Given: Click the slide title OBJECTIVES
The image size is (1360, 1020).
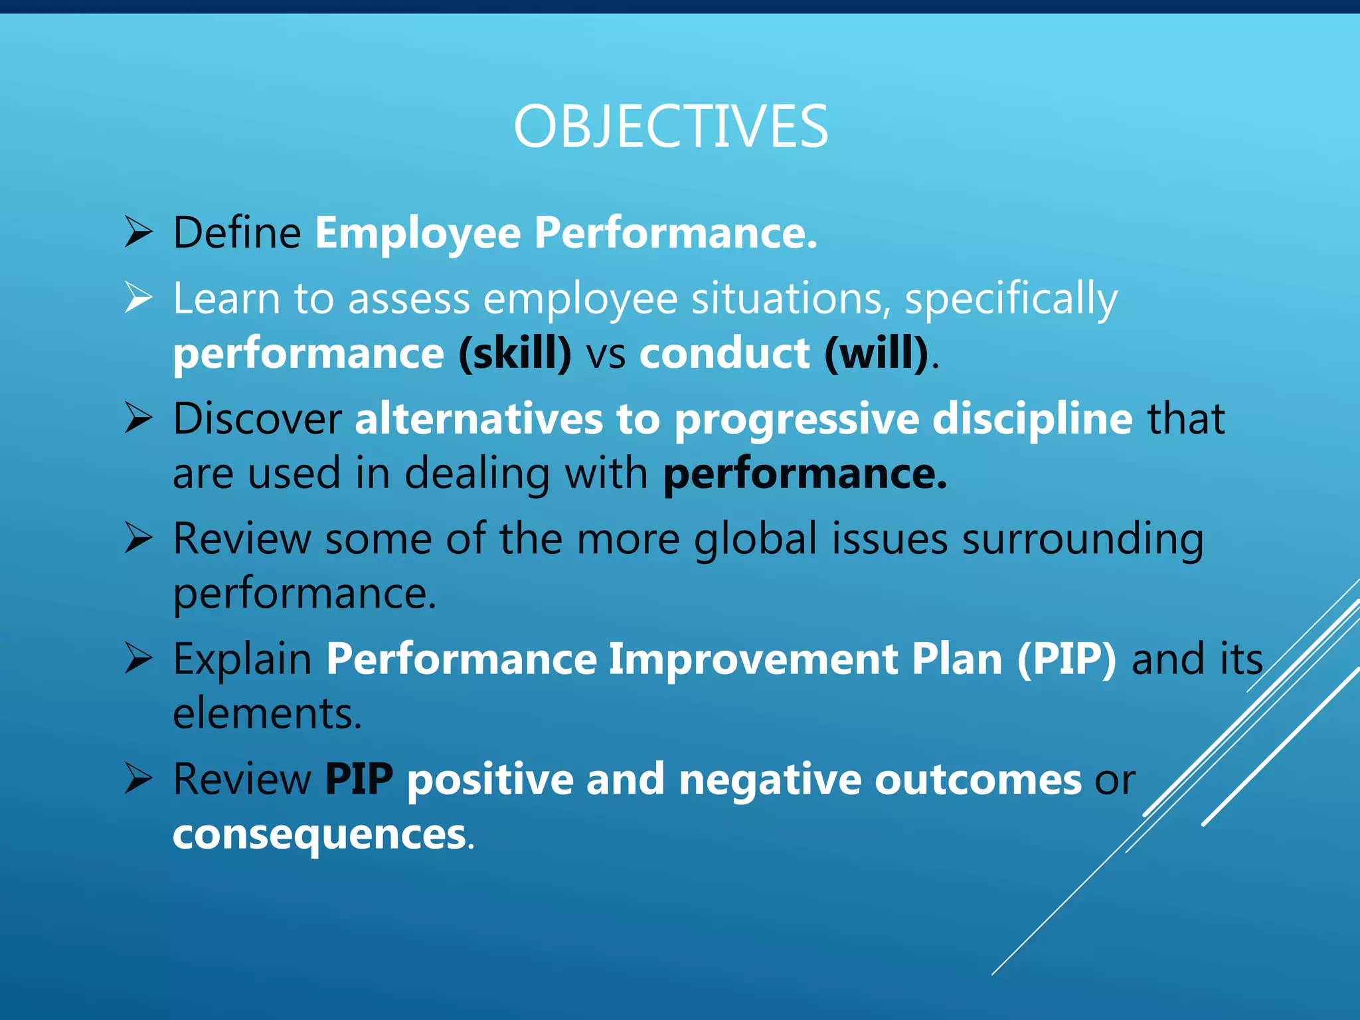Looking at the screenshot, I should (671, 127).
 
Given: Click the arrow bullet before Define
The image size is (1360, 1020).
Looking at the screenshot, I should (139, 233).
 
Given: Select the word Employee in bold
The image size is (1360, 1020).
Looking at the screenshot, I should (418, 233).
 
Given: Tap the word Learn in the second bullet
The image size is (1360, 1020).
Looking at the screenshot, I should (226, 298).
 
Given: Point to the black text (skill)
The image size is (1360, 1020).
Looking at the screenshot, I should (515, 353).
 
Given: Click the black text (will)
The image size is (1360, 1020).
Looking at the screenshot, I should (877, 353).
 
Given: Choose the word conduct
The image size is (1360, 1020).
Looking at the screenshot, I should (724, 353).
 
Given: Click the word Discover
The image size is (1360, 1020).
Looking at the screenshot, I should (257, 419).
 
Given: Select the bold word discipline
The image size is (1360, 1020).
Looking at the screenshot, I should (1032, 419).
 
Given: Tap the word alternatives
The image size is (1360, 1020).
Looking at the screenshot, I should (478, 419).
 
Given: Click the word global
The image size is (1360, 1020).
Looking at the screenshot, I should (755, 539).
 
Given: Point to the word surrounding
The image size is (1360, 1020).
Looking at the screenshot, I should (1082, 540).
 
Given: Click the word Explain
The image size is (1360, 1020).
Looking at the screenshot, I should (242, 659).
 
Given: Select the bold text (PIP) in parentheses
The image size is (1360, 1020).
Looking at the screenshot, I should (1066, 659).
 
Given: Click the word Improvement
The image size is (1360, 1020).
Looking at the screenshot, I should (752, 659).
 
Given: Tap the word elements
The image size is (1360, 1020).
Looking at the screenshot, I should (267, 714).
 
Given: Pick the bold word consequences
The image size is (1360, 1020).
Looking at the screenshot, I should (319, 835).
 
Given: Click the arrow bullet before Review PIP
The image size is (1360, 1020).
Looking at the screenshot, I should (139, 779).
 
